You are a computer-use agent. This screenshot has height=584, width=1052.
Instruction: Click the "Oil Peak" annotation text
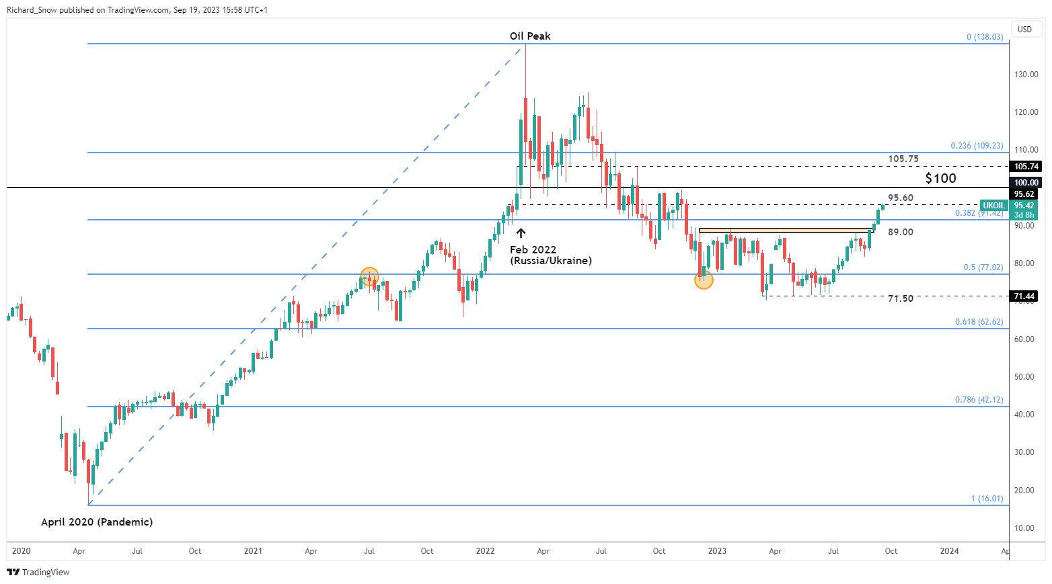tap(530, 36)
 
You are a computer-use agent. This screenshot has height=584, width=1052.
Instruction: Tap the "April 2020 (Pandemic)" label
tap(97, 522)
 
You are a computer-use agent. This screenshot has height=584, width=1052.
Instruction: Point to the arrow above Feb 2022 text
tap(521, 233)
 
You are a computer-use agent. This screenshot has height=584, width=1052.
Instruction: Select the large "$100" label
tap(940, 178)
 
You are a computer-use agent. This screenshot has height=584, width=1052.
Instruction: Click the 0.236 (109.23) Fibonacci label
tap(977, 146)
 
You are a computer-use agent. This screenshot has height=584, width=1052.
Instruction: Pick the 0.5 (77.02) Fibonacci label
tap(983, 267)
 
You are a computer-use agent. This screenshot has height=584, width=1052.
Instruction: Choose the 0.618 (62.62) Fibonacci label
tap(979, 322)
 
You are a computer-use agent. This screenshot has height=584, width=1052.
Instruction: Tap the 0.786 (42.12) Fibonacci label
tap(979, 400)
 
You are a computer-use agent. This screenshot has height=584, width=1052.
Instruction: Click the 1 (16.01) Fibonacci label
tap(987, 499)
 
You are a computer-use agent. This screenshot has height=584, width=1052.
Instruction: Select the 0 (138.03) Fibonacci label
tap(985, 37)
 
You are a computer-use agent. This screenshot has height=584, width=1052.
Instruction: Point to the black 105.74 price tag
tap(1026, 167)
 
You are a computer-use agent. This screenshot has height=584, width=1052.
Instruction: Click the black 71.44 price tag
tap(1025, 296)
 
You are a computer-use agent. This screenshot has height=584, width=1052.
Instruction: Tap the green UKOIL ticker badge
tap(993, 206)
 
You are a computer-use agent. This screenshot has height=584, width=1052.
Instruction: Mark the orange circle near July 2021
tap(369, 276)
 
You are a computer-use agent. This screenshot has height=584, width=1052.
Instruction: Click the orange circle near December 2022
tap(704, 280)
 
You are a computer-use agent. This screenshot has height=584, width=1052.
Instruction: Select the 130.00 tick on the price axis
tap(1026, 75)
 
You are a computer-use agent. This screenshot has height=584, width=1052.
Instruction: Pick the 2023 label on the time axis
tap(717, 551)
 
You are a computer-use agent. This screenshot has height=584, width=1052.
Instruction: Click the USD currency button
tap(1024, 30)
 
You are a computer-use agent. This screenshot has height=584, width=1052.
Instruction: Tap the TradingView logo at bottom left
tap(38, 573)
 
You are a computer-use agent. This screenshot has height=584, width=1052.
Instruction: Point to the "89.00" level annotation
tap(901, 232)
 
